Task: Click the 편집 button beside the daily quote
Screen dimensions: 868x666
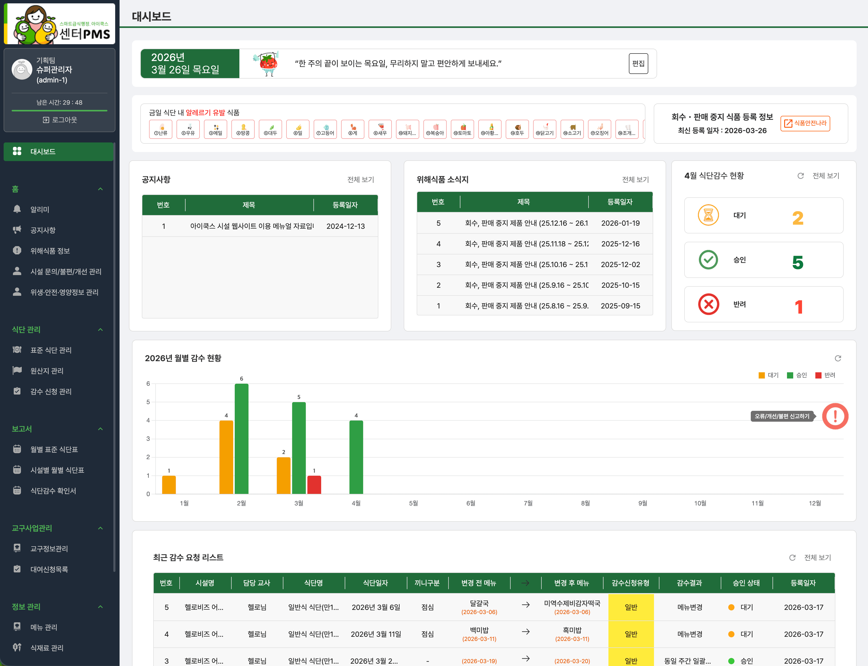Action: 638,63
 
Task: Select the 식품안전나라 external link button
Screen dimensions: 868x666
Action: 805,123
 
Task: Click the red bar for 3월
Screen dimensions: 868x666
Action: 314,485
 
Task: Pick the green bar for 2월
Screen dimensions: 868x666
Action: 242,438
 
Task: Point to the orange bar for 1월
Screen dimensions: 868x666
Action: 169,485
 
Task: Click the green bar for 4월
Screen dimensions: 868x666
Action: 356,457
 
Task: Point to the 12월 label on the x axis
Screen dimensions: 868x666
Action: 815,503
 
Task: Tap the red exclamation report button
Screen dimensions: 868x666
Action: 835,416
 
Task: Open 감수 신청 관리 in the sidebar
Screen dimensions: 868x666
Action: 51,391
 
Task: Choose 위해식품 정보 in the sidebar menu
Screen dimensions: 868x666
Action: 50,251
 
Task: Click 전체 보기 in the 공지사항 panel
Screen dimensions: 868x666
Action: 361,180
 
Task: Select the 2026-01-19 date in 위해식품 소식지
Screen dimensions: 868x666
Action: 620,223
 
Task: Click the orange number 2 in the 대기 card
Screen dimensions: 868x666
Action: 798,218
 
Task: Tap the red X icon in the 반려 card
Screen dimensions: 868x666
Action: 709,305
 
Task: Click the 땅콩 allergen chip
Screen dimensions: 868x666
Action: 243,129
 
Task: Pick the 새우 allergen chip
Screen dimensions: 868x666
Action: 380,129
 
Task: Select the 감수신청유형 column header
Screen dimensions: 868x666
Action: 630,583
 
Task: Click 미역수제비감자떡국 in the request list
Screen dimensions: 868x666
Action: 572,603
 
